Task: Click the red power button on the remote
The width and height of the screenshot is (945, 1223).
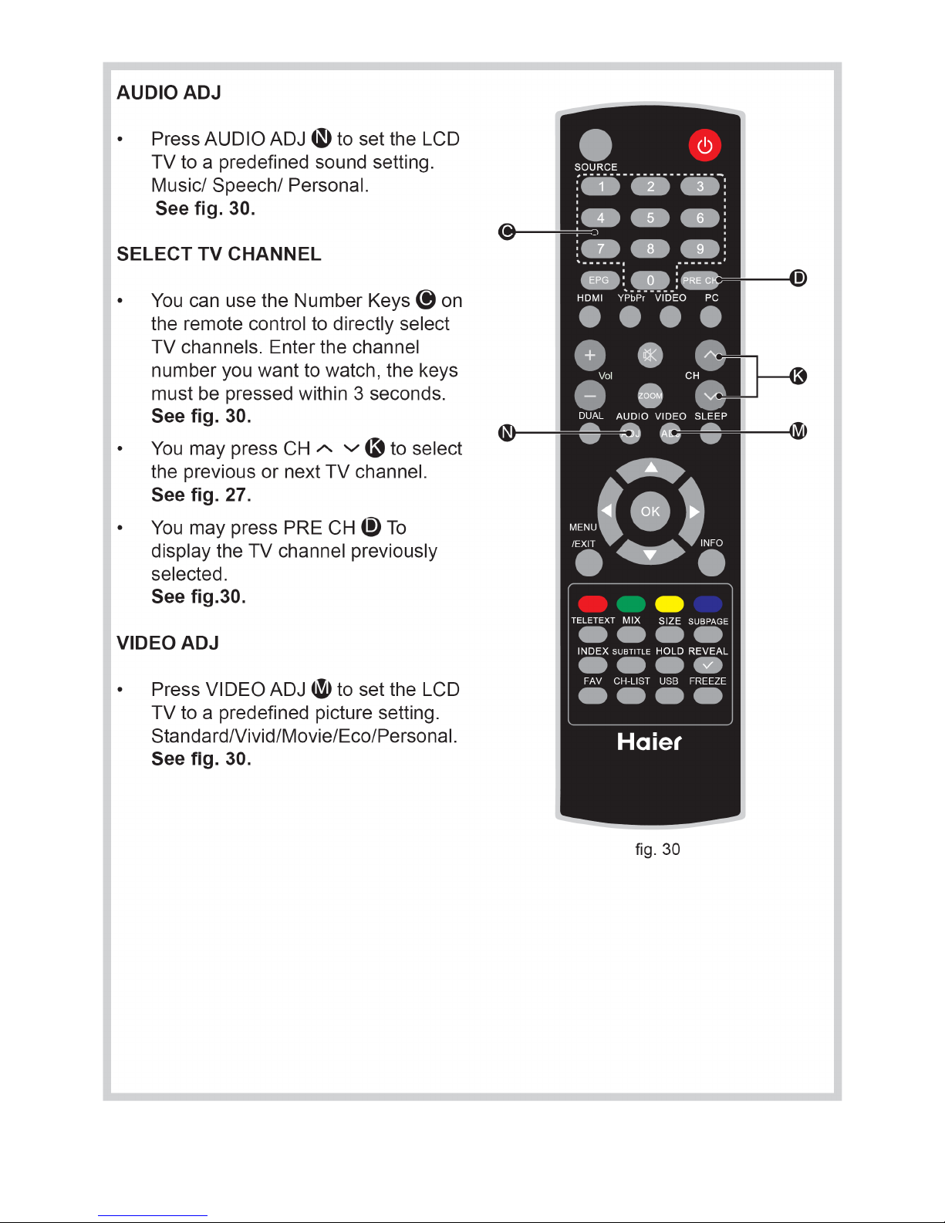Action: pyautogui.click(x=705, y=145)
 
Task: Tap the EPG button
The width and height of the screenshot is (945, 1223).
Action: pyautogui.click(x=599, y=280)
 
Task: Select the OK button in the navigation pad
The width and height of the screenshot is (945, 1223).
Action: pyautogui.click(x=650, y=511)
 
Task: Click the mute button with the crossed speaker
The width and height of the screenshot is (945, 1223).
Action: pyautogui.click(x=650, y=355)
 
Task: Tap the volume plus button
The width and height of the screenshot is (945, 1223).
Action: pyautogui.click(x=590, y=355)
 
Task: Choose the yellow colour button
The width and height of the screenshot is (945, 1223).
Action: pyautogui.click(x=670, y=604)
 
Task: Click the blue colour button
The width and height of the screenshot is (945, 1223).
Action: pyautogui.click(x=707, y=604)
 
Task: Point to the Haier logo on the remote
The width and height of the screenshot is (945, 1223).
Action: pyautogui.click(x=649, y=742)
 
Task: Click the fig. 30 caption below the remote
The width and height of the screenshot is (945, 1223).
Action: pyautogui.click(x=657, y=850)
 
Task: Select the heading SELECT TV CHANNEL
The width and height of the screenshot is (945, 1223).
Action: pyautogui.click(x=219, y=254)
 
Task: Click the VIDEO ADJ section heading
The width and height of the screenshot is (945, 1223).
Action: pyautogui.click(x=167, y=643)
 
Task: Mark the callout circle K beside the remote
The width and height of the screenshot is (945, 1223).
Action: pyautogui.click(x=798, y=376)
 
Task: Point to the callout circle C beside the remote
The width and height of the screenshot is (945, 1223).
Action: pyautogui.click(x=507, y=231)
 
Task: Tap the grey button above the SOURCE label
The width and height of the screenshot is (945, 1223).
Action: pyautogui.click(x=596, y=145)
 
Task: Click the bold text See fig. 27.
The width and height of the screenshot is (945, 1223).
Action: pyautogui.click(x=201, y=495)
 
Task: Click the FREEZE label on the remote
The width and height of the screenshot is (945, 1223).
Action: pyautogui.click(x=707, y=681)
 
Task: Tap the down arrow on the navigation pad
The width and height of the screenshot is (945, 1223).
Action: pyautogui.click(x=650, y=555)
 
